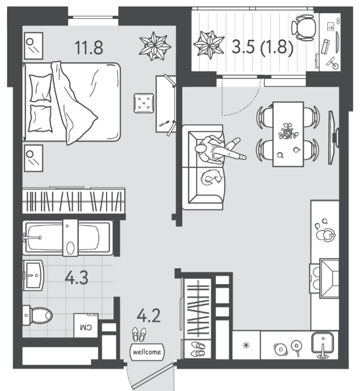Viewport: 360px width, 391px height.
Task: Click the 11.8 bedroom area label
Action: [89, 48]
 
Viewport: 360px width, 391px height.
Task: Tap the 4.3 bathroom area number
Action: [76, 278]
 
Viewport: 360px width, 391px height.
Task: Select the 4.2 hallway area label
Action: [148, 315]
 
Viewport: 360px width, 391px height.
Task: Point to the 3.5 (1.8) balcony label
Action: [262, 47]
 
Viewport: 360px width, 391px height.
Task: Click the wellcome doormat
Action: [147, 352]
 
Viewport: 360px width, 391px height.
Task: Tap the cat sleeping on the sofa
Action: [211, 177]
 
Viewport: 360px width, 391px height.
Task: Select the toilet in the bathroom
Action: [37, 315]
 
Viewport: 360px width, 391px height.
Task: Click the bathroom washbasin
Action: [33, 275]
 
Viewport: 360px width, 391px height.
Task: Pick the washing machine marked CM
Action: [86, 325]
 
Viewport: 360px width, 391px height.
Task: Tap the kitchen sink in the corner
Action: [323, 345]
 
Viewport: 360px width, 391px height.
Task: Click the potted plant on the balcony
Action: [209, 45]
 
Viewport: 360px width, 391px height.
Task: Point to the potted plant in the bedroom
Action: [155, 46]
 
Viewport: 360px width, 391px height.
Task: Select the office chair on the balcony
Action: [303, 27]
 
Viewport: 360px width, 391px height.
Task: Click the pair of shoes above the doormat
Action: [139, 334]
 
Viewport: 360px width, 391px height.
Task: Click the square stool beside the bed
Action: [143, 103]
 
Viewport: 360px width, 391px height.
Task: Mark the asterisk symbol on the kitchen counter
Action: [246, 345]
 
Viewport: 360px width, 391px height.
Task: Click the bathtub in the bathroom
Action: [68, 238]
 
